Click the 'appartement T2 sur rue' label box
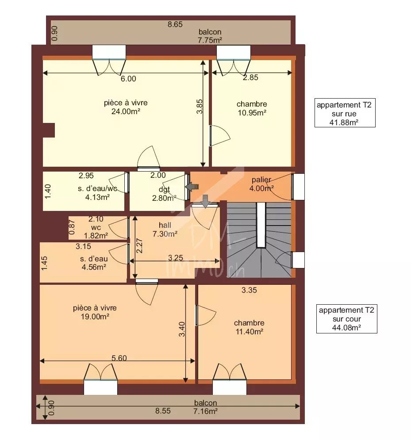(x=345, y=113)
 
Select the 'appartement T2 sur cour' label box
(x=347, y=319)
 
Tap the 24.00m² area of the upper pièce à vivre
(x=126, y=112)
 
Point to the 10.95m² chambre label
(x=252, y=108)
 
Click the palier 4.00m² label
(x=261, y=184)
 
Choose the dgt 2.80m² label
(x=164, y=194)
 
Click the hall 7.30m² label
(x=165, y=229)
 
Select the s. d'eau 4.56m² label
(x=94, y=263)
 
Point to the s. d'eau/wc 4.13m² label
(x=97, y=193)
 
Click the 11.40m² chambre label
(x=249, y=327)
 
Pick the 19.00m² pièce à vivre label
(x=95, y=312)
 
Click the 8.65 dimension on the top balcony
(x=175, y=24)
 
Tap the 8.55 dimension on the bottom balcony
(x=163, y=411)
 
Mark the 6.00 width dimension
(x=129, y=79)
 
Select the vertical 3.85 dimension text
(x=200, y=107)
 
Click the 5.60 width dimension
(x=119, y=358)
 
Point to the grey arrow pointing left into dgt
(x=192, y=187)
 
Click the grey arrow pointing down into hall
(x=205, y=201)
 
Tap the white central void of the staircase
(x=261, y=225)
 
